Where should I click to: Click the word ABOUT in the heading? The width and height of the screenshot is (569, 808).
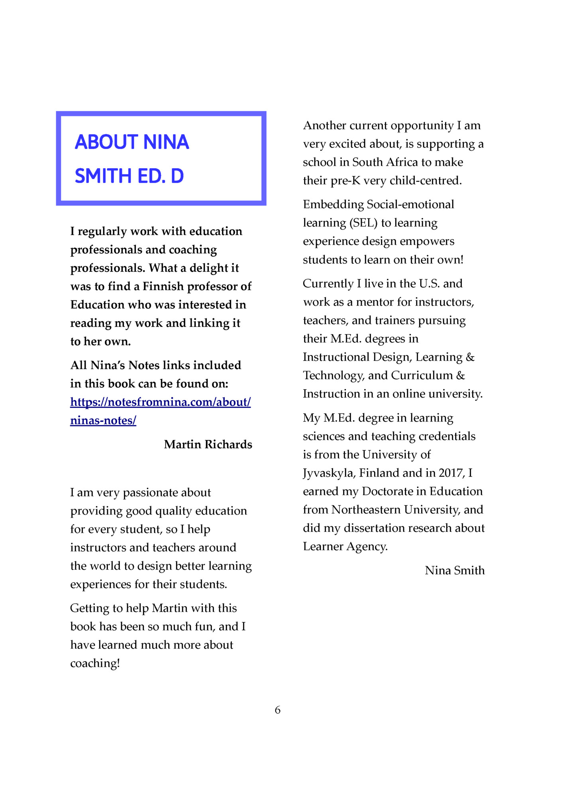pos(106,142)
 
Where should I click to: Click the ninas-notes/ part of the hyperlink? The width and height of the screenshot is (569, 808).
pos(103,421)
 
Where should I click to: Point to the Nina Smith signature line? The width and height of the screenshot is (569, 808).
pos(455,571)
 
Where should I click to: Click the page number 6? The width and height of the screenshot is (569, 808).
pos(278,710)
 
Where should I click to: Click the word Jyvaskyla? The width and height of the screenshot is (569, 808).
pos(329,473)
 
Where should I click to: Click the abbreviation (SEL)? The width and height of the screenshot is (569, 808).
pos(363,223)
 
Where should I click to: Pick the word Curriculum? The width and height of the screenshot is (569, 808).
pos(422,375)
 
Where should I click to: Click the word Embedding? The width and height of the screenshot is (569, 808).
pos(333,204)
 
